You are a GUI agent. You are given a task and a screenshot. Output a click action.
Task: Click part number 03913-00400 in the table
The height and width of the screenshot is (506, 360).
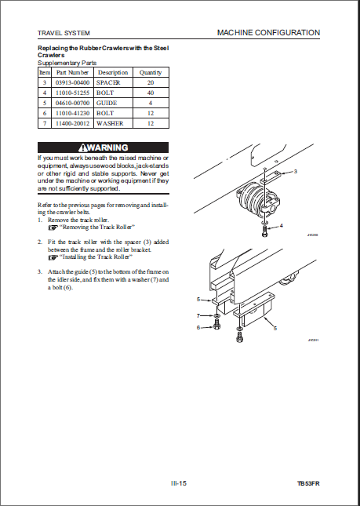click(x=72, y=82)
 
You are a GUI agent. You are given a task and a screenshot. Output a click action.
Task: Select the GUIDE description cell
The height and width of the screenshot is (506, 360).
click(x=113, y=103)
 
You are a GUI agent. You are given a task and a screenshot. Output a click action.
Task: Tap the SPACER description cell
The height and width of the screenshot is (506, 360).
click(x=113, y=82)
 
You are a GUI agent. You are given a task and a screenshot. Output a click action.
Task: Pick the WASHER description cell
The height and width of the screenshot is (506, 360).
click(x=113, y=123)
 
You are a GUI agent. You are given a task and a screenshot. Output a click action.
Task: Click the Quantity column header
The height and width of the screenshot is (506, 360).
click(x=151, y=72)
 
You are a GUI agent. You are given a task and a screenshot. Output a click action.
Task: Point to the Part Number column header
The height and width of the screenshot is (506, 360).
click(x=72, y=72)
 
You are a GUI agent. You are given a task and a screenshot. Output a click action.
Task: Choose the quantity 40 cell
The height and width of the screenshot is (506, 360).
click(x=151, y=93)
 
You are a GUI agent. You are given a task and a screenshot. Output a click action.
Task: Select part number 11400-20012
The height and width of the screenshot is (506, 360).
click(x=72, y=123)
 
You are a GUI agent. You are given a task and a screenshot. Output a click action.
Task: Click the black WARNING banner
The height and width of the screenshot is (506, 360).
click(x=104, y=147)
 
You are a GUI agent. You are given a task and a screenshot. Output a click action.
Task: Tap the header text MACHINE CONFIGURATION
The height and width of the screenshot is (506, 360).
click(x=268, y=33)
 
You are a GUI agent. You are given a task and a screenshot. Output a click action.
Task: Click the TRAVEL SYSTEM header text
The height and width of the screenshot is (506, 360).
click(x=64, y=33)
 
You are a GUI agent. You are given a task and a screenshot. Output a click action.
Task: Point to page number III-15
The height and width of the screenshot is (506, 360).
click(x=179, y=483)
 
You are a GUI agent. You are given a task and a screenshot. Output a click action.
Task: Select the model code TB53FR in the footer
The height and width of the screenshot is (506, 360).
click(x=309, y=483)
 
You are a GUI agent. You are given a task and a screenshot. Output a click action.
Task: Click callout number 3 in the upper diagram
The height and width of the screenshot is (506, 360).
click(x=295, y=171)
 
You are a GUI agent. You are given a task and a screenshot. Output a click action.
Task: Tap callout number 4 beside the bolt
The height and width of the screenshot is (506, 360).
click(x=282, y=226)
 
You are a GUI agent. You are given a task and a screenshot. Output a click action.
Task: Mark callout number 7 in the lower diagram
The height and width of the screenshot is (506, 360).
click(x=198, y=315)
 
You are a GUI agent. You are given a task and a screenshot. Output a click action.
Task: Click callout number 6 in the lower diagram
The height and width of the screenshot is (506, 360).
click(x=198, y=328)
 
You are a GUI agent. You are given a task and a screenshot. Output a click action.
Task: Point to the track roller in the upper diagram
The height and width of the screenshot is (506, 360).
click(x=254, y=198)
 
